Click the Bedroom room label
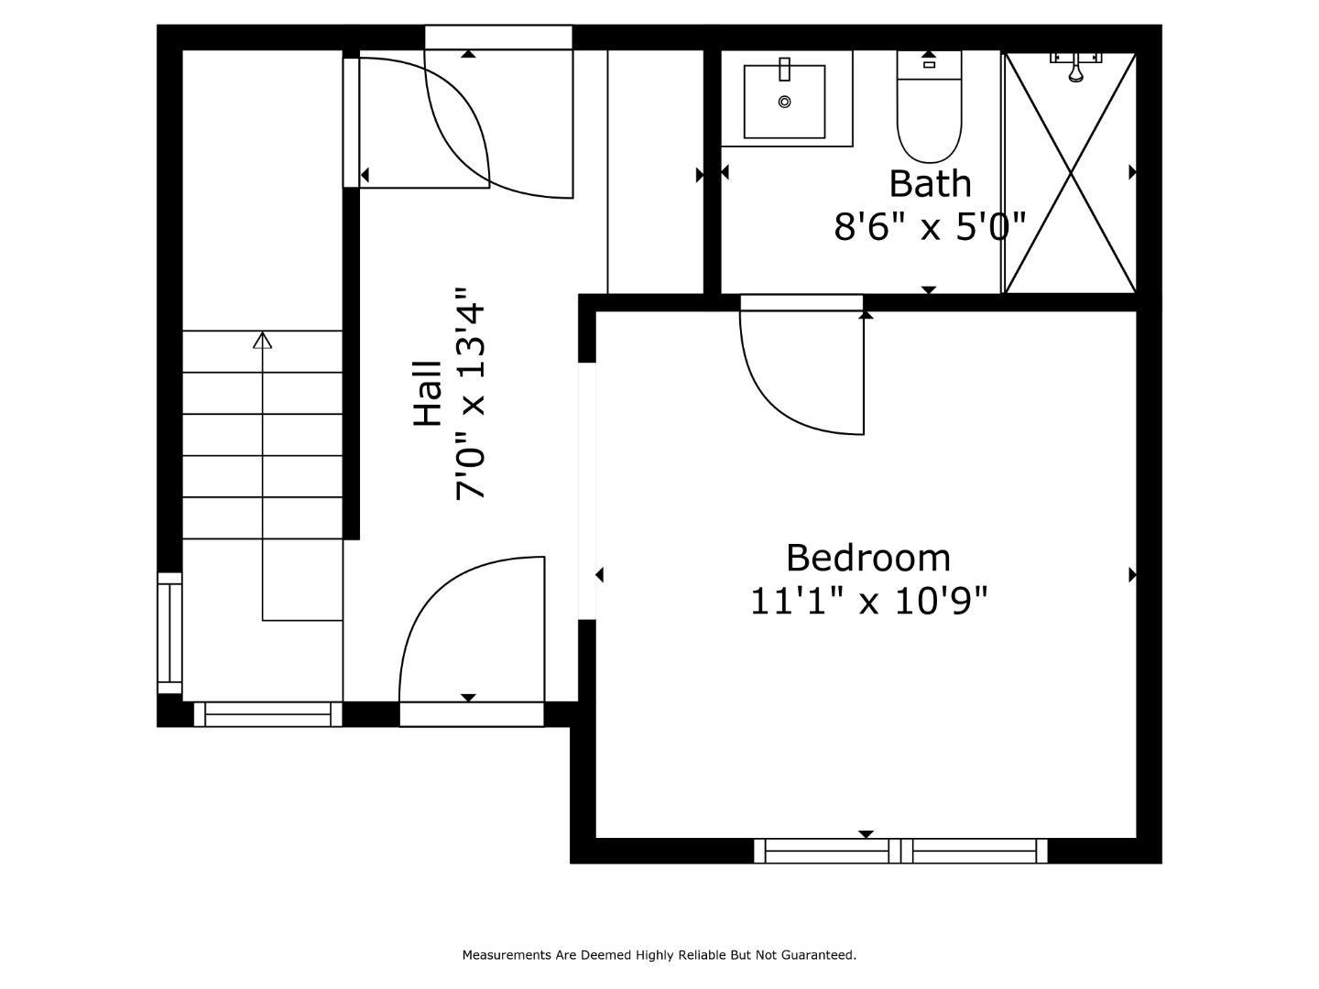tap(868, 558)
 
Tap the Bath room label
tap(930, 183)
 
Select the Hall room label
tap(428, 393)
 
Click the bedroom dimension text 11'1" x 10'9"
tap(868, 602)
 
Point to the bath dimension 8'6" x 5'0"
tap(930, 226)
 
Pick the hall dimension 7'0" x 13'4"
tap(472, 393)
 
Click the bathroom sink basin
tap(784, 100)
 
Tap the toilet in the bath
tap(929, 119)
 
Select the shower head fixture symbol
tap(1076, 66)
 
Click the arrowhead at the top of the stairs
tap(263, 341)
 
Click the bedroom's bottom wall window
tap(900, 851)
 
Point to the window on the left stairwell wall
tap(169, 634)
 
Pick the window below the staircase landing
tap(267, 714)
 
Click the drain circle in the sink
tap(784, 102)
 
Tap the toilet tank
tap(929, 64)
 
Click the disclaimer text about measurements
tap(659, 955)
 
